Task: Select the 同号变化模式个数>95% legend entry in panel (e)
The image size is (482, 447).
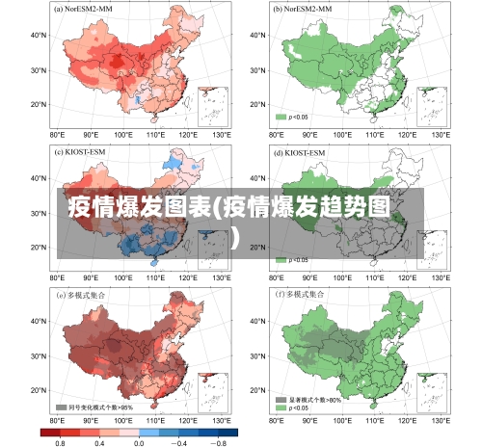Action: click(94, 408)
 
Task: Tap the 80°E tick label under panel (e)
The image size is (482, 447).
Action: click(58, 421)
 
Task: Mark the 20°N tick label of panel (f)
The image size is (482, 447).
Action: click(257, 391)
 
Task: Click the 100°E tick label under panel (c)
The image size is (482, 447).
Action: click(123, 278)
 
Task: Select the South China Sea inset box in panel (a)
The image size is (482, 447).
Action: click(212, 106)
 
